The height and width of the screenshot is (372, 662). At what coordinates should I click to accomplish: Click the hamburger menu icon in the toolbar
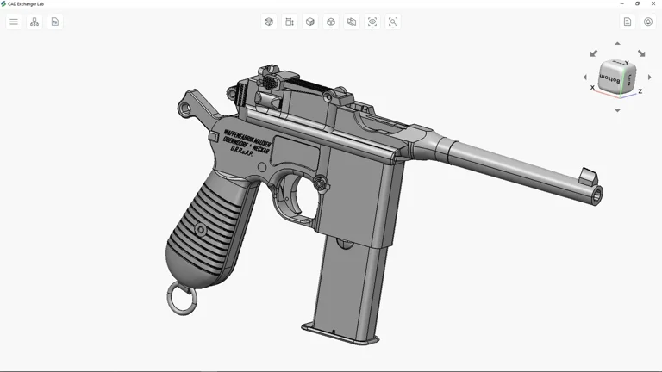point(14,22)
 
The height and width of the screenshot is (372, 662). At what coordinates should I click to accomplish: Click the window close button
point(653,3)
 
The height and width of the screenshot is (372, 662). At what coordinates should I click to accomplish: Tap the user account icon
point(648,22)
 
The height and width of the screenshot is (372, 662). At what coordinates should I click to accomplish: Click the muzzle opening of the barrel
point(596,197)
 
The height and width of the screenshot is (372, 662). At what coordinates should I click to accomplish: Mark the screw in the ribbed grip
point(200,230)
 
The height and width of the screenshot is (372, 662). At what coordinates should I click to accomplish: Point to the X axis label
point(592,88)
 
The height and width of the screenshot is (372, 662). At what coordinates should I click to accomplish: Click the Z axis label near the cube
point(640,91)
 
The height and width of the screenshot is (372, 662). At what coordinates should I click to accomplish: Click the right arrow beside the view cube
point(650,77)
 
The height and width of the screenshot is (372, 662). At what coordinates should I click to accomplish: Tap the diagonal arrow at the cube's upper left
point(593,53)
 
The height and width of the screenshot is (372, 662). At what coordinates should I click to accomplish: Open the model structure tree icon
point(34,22)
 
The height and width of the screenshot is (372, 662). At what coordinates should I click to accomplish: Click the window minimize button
point(621,3)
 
